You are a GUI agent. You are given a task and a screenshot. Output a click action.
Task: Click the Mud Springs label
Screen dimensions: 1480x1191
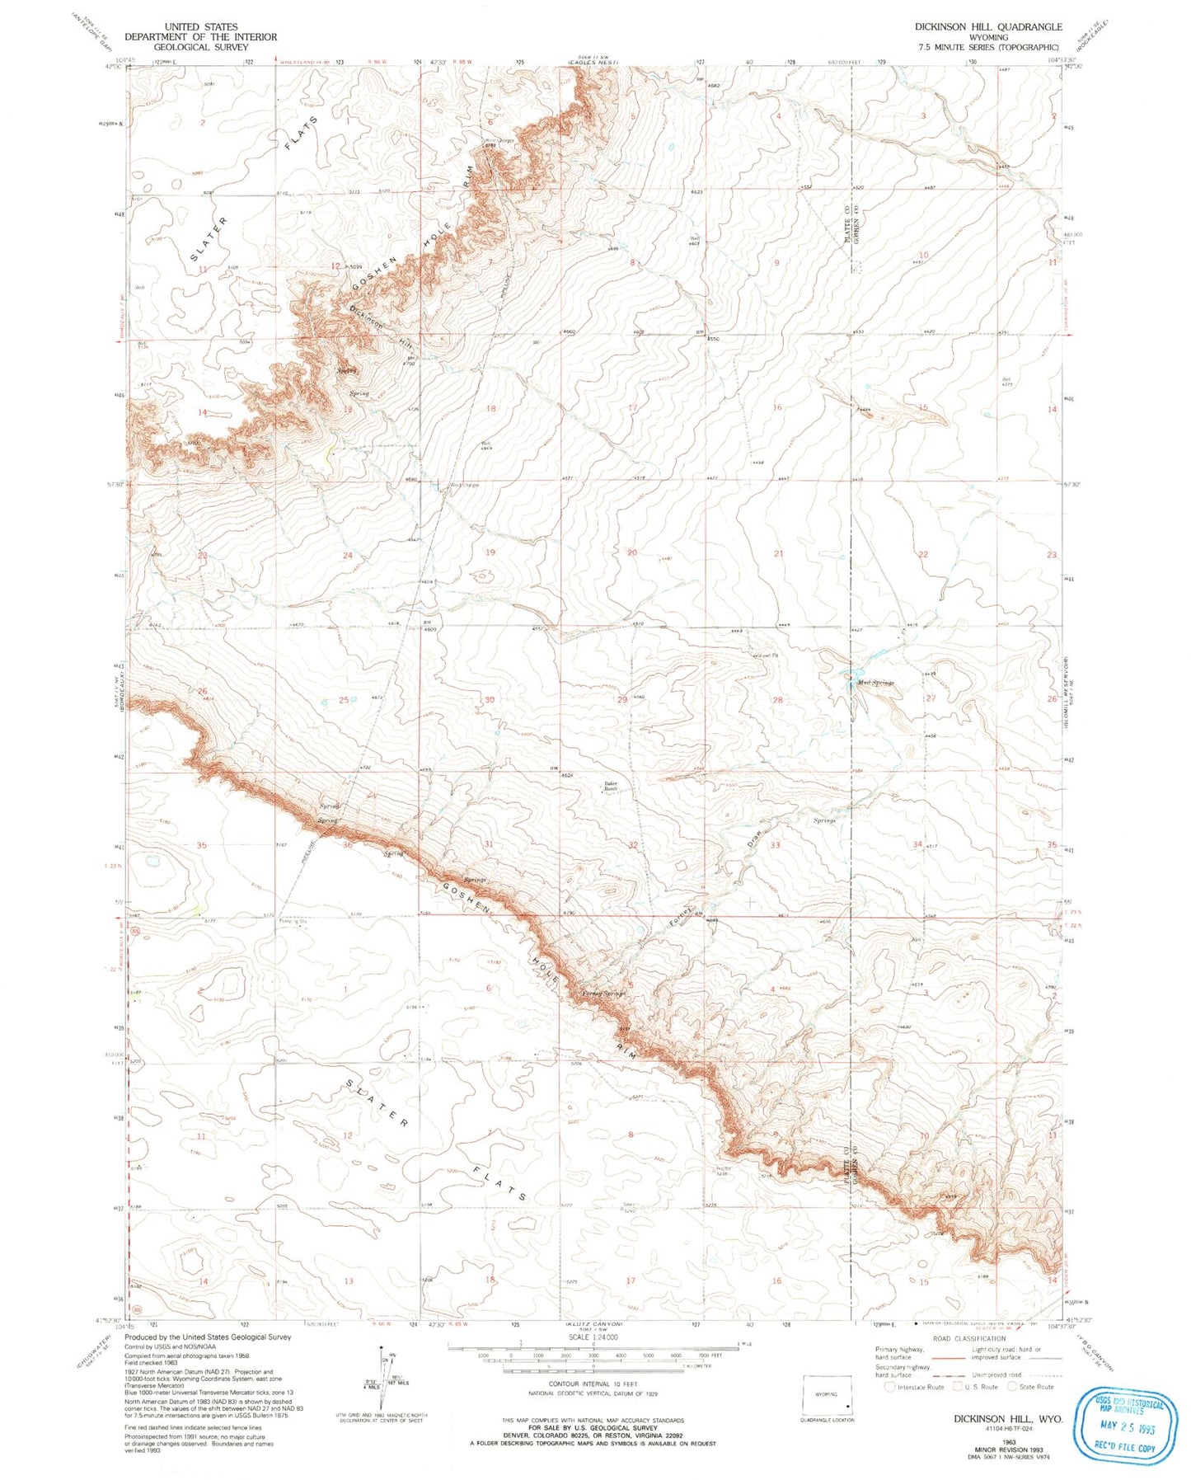pyautogui.click(x=875, y=683)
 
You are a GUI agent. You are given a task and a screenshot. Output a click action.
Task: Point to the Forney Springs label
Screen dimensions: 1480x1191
pyautogui.click(x=605, y=994)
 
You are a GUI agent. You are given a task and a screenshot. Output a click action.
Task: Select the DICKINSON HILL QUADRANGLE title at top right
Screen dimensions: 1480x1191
pyautogui.click(x=987, y=26)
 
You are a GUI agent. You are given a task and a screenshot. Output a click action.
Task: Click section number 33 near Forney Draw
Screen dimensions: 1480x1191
pyautogui.click(x=775, y=845)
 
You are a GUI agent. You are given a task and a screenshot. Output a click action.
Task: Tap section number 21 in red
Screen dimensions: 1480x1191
pyautogui.click(x=778, y=554)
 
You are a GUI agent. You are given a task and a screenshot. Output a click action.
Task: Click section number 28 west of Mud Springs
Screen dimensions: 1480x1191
pyautogui.click(x=777, y=700)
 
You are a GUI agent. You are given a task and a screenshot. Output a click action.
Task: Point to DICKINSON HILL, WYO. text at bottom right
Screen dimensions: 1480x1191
pyautogui.click(x=1008, y=1420)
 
